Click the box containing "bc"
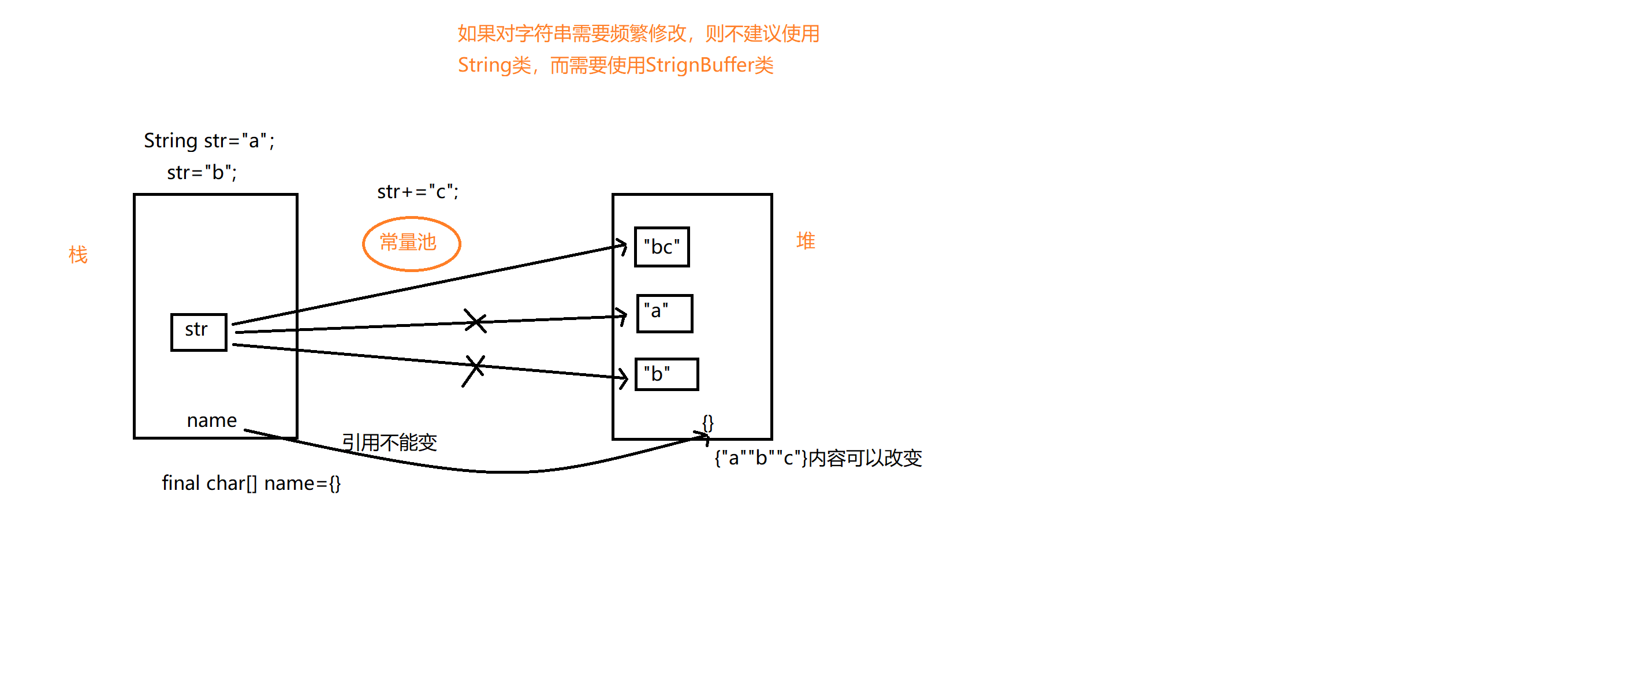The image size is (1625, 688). click(x=662, y=247)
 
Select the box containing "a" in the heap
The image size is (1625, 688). click(x=664, y=313)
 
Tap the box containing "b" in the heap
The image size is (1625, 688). click(x=666, y=374)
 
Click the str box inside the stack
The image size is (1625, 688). click(x=198, y=332)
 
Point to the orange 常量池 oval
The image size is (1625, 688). click(x=411, y=244)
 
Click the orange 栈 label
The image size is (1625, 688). click(x=78, y=255)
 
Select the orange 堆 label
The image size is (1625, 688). click(x=806, y=241)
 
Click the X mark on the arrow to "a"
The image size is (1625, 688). click(x=475, y=321)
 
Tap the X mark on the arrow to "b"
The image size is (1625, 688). click(x=474, y=370)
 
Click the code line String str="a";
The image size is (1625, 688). click(x=209, y=141)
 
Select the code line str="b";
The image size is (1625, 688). click(x=202, y=172)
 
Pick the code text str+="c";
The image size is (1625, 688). click(x=418, y=192)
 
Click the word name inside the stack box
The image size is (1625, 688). click(x=211, y=421)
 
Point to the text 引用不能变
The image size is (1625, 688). click(x=389, y=442)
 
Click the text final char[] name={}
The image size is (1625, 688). click(x=251, y=484)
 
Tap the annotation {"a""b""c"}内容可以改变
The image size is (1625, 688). click(x=818, y=458)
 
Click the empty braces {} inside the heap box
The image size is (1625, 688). click(x=708, y=423)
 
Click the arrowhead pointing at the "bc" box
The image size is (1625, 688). click(x=623, y=246)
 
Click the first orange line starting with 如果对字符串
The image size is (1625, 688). click(x=638, y=34)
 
